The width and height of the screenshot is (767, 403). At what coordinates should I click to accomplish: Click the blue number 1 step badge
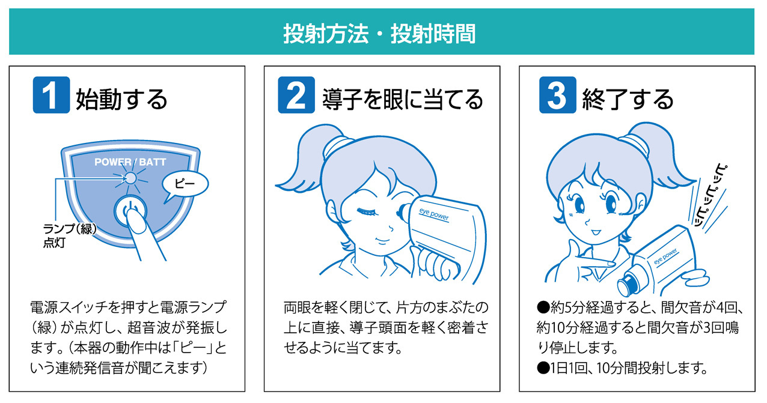[x=51, y=95]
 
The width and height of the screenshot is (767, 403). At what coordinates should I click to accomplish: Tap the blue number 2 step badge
[x=296, y=95]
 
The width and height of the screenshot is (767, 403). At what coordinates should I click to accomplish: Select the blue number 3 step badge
[x=557, y=95]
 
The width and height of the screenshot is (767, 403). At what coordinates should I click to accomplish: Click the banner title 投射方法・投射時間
[x=379, y=34]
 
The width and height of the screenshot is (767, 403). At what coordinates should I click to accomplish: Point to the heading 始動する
[x=121, y=99]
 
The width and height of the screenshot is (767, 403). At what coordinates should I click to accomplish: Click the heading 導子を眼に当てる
[x=402, y=99]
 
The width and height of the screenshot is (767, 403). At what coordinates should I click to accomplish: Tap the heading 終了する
[x=628, y=99]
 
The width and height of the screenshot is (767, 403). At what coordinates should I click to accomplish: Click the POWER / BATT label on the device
[x=130, y=162]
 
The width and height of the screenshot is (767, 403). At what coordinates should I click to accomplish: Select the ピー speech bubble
[x=185, y=185]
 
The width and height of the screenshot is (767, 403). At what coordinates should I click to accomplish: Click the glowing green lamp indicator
[x=131, y=178]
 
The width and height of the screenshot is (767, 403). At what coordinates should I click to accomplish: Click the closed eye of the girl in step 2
[x=367, y=211]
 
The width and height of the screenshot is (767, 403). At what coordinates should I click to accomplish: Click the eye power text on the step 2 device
[x=434, y=214]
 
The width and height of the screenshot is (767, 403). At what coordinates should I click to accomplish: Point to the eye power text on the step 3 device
[x=665, y=256]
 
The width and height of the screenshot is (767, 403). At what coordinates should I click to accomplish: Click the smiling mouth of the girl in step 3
[x=596, y=232]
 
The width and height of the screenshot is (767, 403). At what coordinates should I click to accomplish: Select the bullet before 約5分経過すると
[x=543, y=308]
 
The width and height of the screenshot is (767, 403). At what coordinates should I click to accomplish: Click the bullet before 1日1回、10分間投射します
[x=543, y=368]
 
